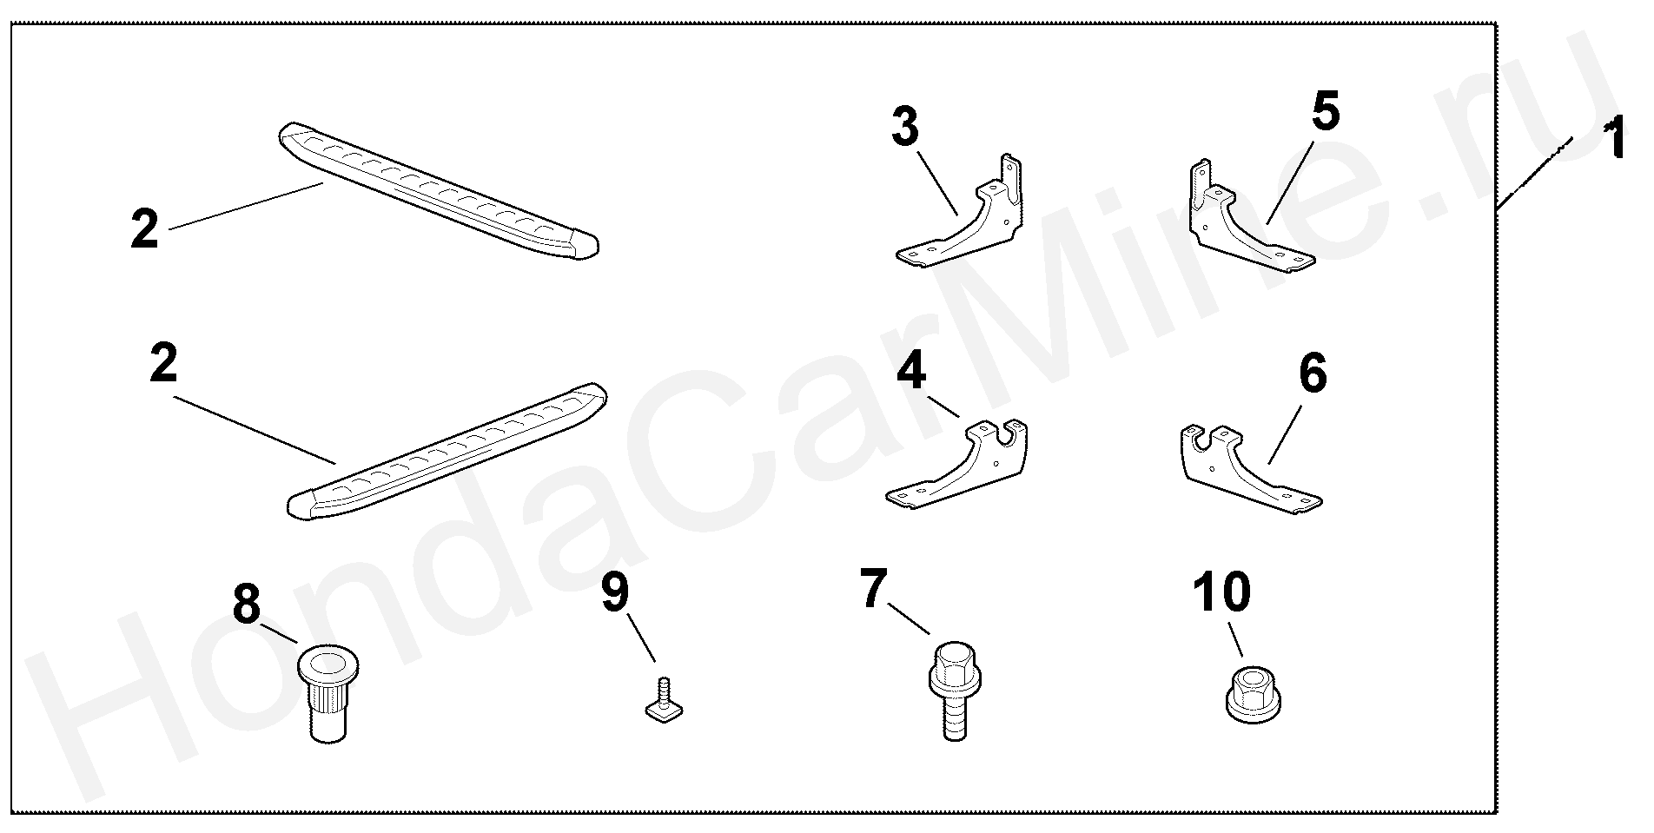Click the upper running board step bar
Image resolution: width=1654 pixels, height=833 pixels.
439,189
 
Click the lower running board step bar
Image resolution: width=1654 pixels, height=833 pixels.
447,450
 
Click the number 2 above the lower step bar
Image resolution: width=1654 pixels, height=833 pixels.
163,364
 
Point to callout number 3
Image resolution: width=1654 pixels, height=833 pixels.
904,128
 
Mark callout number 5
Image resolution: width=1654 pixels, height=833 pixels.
1325,110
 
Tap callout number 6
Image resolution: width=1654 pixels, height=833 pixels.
1313,373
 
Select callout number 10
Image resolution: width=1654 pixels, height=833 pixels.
1222,592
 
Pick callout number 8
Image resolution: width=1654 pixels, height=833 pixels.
247,604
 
